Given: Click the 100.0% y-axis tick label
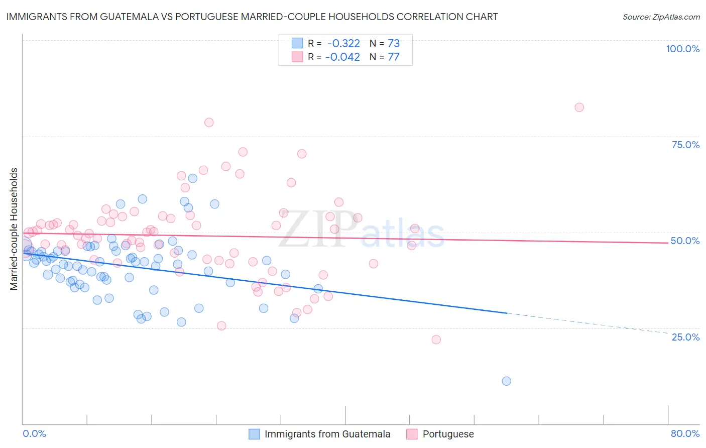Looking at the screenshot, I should [682, 49].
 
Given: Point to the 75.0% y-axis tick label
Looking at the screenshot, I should [685, 145].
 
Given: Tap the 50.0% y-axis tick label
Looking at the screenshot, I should [685, 241].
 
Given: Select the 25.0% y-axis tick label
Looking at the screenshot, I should [685, 337].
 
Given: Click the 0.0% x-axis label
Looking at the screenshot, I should [34, 433].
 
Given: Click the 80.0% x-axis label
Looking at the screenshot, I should [685, 433].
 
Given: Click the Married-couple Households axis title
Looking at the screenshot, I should [14, 229].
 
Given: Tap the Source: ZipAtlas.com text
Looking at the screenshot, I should [661, 17].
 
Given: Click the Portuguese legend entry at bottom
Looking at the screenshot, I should [448, 434].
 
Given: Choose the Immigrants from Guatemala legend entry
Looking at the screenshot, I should [327, 434].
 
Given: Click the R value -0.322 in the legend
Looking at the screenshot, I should [343, 43].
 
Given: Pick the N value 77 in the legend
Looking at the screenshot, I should [394, 57].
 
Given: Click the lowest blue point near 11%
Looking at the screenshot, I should [506, 381].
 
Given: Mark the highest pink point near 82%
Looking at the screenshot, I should [579, 107].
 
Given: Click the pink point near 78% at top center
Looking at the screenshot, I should [209, 123].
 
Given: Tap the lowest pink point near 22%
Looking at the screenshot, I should [436, 340].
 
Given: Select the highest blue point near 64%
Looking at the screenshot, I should [192, 178].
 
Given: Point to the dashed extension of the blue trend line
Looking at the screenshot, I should [587, 323].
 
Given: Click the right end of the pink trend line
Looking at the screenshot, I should [668, 243].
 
